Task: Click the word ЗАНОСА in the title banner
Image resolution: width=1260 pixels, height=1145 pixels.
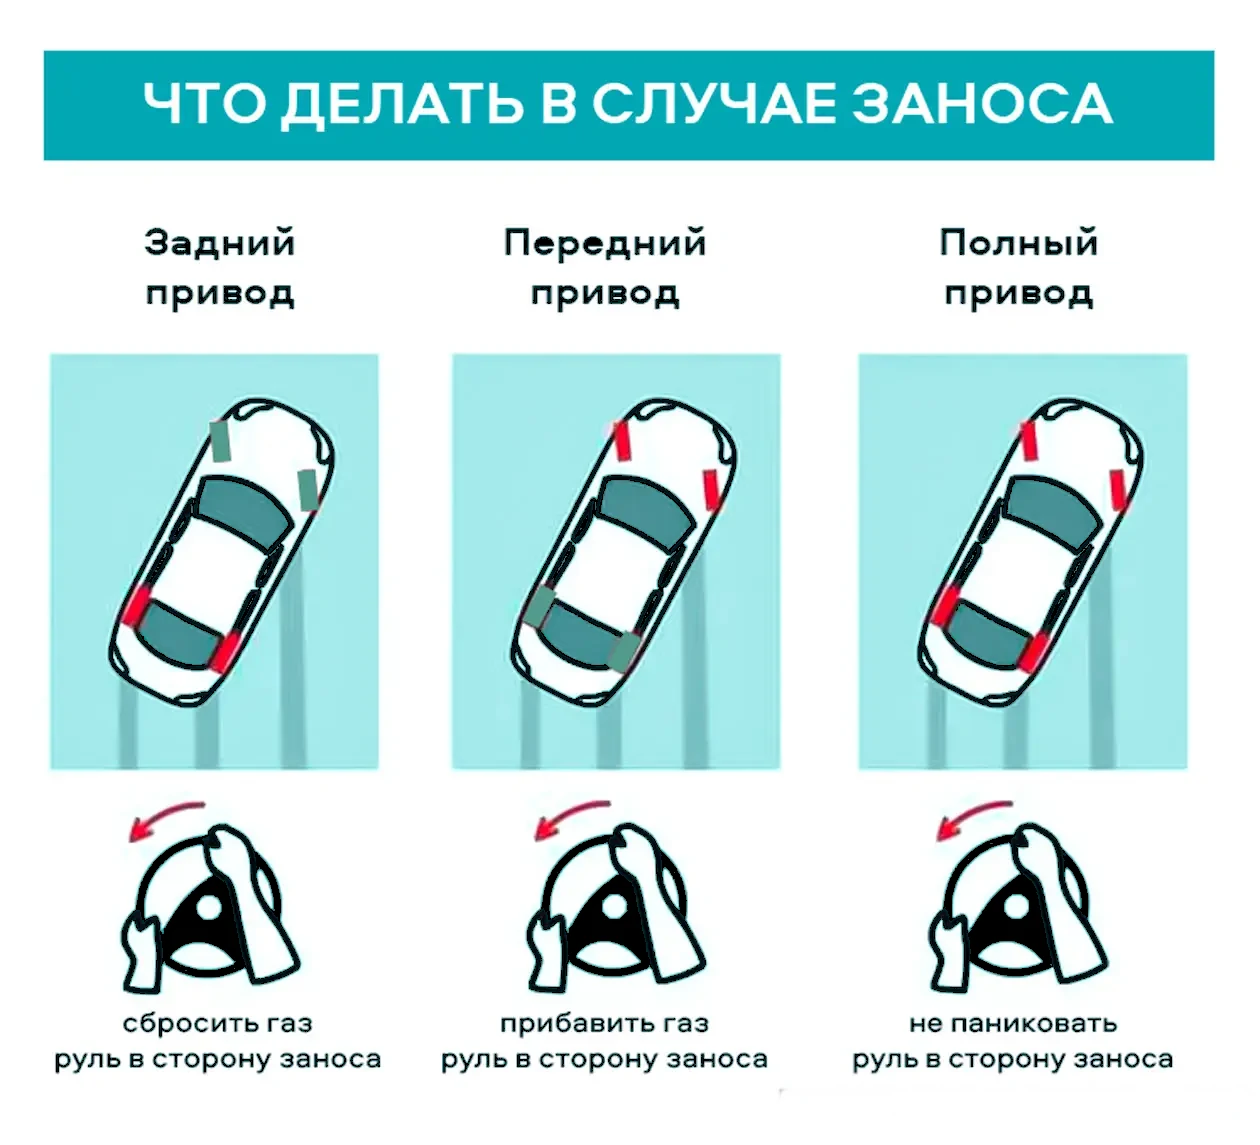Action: point(981,104)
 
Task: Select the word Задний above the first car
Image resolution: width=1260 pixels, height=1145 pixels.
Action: point(220,243)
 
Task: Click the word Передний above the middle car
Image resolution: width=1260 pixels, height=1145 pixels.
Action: point(605,244)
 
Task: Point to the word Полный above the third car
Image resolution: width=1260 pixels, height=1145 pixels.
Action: point(1019,243)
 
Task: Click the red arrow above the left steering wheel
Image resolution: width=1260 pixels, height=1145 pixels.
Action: point(166,818)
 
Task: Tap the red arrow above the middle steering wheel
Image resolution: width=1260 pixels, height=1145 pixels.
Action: point(572,818)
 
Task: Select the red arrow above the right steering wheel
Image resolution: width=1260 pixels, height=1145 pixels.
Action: point(974,818)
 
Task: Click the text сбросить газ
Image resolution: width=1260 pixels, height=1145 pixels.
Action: point(217,1024)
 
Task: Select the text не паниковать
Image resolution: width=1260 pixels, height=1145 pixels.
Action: point(1013,1024)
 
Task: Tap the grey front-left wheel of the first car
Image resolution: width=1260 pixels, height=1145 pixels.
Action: point(220,441)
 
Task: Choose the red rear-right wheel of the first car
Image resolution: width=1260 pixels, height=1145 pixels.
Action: point(225,652)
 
